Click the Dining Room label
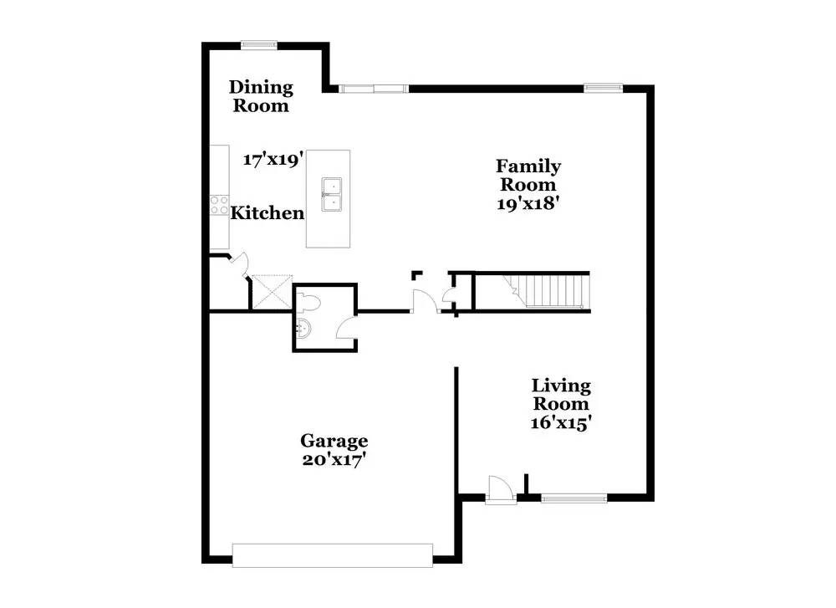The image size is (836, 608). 262,96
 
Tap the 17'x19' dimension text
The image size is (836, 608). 272,159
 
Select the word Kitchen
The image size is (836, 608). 268,213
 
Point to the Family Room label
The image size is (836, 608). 528,175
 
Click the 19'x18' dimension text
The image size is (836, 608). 528,202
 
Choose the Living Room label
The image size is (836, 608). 562,395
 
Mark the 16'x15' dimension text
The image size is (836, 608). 562,423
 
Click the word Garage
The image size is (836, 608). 334,441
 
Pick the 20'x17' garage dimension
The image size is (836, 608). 334,459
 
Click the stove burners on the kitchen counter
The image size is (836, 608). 219,206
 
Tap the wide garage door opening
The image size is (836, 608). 333,555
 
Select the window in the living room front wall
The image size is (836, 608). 573,498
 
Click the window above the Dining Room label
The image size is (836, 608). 259,45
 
